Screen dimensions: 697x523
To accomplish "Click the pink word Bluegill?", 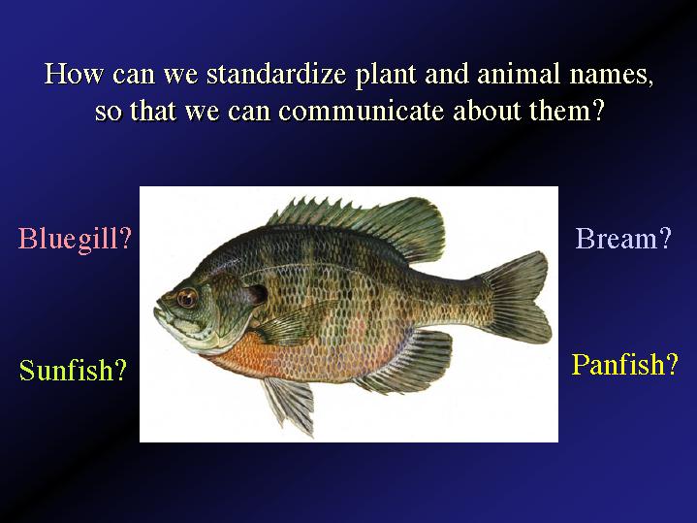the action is click(75, 239).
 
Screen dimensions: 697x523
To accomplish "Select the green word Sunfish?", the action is click(73, 370).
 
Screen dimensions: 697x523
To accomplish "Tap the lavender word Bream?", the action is click(623, 239).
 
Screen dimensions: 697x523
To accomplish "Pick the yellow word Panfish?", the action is click(624, 365).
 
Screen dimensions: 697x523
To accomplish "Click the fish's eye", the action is click(187, 298).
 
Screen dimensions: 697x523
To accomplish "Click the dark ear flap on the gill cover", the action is click(257, 294).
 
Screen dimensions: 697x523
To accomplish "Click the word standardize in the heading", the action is click(276, 74).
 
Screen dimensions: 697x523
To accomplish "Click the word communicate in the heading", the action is click(361, 111).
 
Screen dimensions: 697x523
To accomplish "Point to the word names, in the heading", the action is click(612, 76).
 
